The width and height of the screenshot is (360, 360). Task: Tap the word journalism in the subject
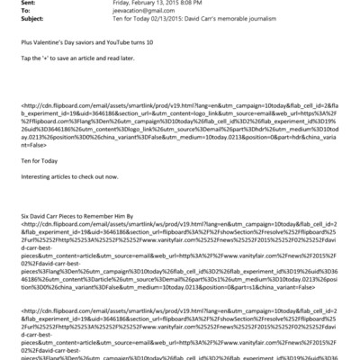(284, 26)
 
